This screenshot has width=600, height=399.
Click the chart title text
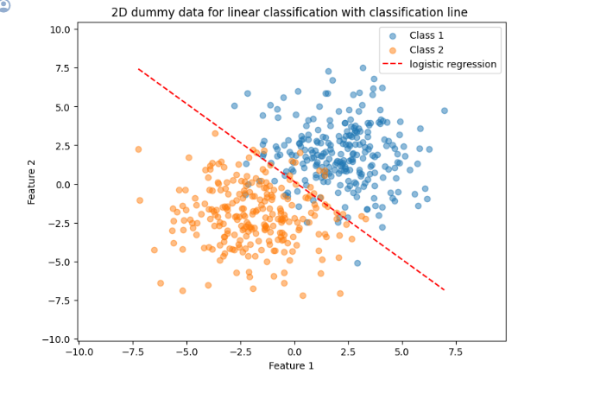click(289, 12)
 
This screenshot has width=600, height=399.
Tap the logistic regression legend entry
click(439, 64)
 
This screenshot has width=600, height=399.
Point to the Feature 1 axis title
click(291, 365)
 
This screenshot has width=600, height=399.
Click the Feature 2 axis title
click(31, 182)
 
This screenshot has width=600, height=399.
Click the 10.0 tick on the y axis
click(60, 29)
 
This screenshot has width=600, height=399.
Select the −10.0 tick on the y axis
click(57, 339)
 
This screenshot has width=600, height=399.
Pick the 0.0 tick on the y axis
click(63, 185)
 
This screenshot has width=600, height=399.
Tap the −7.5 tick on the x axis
click(133, 351)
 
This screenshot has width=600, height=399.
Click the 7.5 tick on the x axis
click(455, 351)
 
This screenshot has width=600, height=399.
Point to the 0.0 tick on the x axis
click(294, 351)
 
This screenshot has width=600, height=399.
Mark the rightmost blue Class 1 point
click(445, 111)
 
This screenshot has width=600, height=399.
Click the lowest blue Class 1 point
click(357, 263)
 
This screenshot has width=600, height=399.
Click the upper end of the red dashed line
click(138, 69)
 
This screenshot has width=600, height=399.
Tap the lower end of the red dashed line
click(445, 290)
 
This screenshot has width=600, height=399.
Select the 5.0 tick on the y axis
click(63, 107)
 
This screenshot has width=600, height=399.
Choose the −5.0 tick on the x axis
click(186, 351)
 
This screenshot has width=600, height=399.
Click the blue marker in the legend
click(393, 36)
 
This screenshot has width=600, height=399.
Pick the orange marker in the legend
click(393, 50)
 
